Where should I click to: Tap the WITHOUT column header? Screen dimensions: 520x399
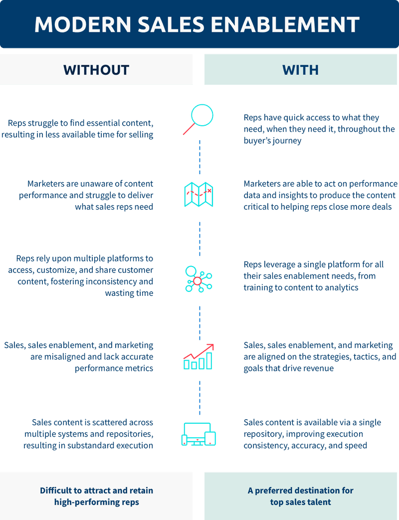tap(96, 70)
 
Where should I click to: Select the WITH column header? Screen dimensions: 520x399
tap(301, 70)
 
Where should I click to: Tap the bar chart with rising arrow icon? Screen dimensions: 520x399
tap(199, 356)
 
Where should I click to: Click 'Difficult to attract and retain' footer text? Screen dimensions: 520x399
tap(96, 491)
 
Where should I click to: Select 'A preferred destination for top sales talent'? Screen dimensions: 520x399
tap(301, 496)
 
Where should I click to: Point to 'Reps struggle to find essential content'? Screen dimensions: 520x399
tap(80, 123)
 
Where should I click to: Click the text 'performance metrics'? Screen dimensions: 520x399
tap(114, 368)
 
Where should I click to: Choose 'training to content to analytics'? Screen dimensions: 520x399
tap(301, 287)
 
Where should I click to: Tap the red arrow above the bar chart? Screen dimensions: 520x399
tap(199, 350)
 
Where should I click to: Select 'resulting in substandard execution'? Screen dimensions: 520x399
tap(88, 445)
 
